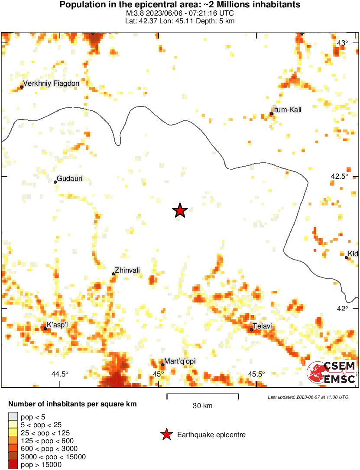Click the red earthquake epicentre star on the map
[x=180, y=211]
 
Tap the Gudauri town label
[x=70, y=178]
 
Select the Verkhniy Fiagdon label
[x=51, y=84]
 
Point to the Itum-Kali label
[x=287, y=110]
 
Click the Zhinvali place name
[x=128, y=270]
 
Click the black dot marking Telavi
[x=251, y=330]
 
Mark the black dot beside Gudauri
[x=55, y=182]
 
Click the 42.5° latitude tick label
[x=340, y=177]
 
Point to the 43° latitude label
[x=343, y=43]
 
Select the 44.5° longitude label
[x=60, y=374]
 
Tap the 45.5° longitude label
[x=256, y=374]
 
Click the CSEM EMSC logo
[x=332, y=373]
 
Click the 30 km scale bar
[x=203, y=395]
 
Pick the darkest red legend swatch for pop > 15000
[x=13, y=465]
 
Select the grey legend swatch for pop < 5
[x=13, y=417]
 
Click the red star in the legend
[x=166, y=435]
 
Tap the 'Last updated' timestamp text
[x=308, y=397]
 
